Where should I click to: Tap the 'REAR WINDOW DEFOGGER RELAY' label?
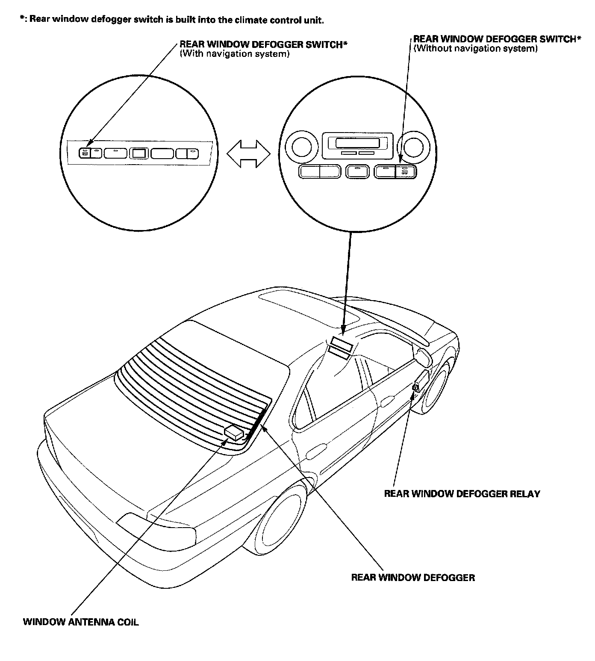(462, 494)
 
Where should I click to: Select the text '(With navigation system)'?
(235, 54)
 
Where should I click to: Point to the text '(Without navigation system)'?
(475, 48)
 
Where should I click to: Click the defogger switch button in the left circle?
(85, 153)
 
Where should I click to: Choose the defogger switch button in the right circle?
(405, 172)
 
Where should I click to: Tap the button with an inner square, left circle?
(138, 153)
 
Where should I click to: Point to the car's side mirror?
(424, 357)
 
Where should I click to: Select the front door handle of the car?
(387, 401)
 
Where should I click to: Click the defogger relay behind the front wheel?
(415, 387)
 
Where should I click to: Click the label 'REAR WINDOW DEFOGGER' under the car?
(413, 578)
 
